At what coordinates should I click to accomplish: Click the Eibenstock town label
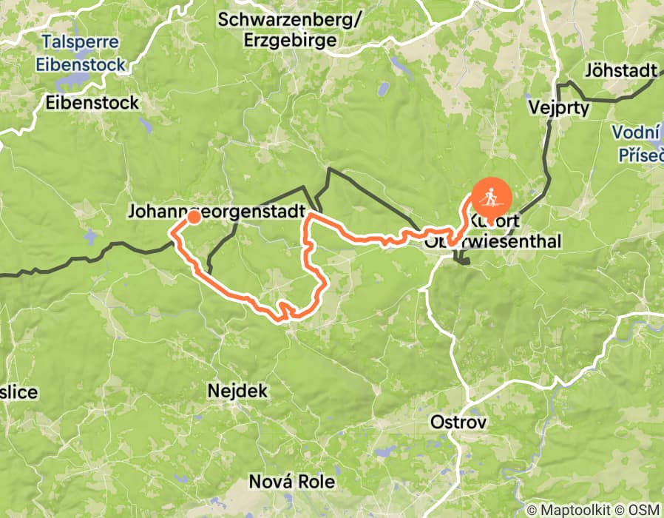pyautogui.click(x=92, y=103)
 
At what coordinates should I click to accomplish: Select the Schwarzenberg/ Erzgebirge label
pyautogui.click(x=289, y=29)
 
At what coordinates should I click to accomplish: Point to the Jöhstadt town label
pyautogui.click(x=620, y=71)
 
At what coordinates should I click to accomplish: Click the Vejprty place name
pyautogui.click(x=559, y=107)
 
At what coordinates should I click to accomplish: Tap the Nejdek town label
pyautogui.click(x=237, y=390)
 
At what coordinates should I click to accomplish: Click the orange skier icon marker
pyautogui.click(x=490, y=199)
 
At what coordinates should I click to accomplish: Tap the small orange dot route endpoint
pyautogui.click(x=193, y=217)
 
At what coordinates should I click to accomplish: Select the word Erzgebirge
pyautogui.click(x=289, y=39)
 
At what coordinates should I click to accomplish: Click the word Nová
pyautogui.click(x=266, y=481)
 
